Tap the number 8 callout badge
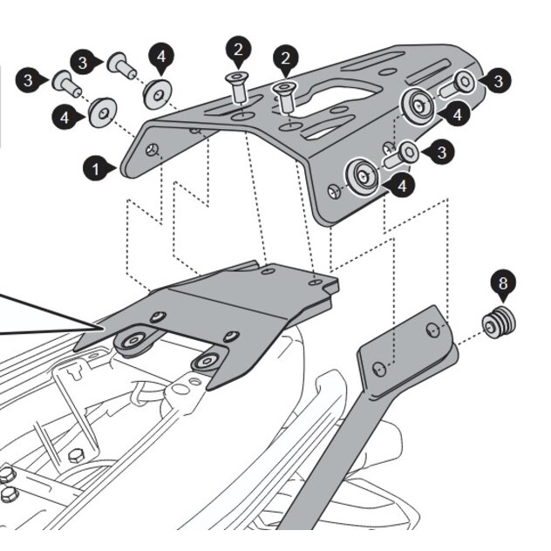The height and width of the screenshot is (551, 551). point(502,282)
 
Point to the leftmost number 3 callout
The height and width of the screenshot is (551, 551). point(29,80)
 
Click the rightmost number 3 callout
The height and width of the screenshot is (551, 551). point(498,81)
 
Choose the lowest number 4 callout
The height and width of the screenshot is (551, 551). point(401,186)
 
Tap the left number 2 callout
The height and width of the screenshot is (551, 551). point(238,49)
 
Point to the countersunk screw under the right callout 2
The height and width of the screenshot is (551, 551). point(284,95)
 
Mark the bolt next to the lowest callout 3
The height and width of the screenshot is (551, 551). point(402,156)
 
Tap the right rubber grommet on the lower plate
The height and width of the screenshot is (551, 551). point(206,361)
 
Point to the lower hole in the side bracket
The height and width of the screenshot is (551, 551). point(378,370)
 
